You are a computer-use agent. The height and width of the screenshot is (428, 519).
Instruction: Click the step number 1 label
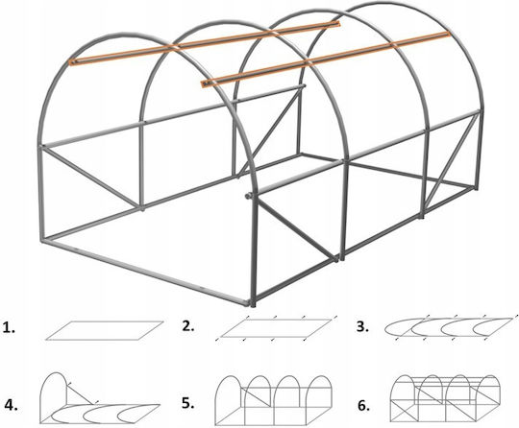click(9, 328)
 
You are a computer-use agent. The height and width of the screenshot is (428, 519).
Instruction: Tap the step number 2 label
click(188, 326)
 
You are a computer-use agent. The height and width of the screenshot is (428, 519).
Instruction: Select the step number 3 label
click(362, 326)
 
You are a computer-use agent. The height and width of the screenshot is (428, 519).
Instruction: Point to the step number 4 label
click(11, 406)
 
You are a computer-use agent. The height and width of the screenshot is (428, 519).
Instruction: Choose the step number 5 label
click(188, 403)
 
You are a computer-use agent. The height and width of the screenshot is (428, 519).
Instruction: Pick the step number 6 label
click(363, 406)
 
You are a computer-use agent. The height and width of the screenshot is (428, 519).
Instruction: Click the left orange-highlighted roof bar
click(205, 42)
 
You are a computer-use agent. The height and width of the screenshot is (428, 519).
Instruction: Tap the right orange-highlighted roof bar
click(326, 59)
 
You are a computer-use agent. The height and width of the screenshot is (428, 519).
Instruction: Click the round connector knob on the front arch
click(248, 197)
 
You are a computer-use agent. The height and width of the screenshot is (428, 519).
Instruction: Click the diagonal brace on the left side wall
click(90, 177)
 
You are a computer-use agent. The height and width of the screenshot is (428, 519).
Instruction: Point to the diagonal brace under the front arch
click(296, 231)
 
